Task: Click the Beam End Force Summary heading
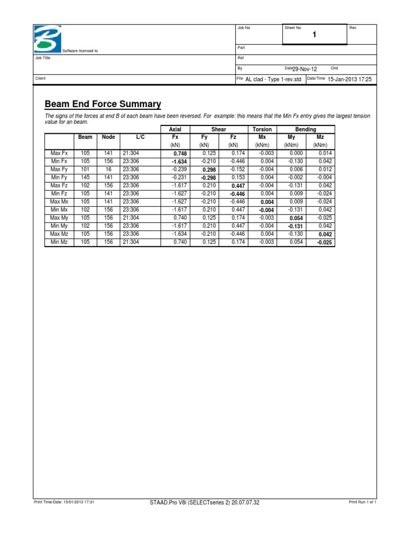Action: pyautogui.click(x=103, y=104)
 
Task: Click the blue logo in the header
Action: pyautogui.click(x=47, y=39)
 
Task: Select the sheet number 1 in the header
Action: pyautogui.click(x=314, y=35)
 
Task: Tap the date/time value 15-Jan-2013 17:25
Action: pyautogui.click(x=349, y=79)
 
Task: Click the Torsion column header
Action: pyautogui.click(x=262, y=129)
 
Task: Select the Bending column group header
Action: pyautogui.click(x=305, y=129)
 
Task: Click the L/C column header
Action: pyautogui.click(x=141, y=137)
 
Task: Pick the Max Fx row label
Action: pyautogui.click(x=59, y=153)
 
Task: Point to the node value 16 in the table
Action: pyautogui.click(x=108, y=169)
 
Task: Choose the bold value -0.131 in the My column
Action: pyautogui.click(x=295, y=226)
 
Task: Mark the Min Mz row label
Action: pyautogui.click(x=59, y=242)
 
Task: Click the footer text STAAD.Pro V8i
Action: pyautogui.click(x=204, y=502)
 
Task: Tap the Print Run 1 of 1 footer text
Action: pyautogui.click(x=362, y=502)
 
